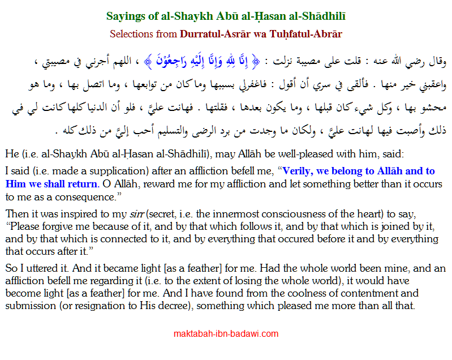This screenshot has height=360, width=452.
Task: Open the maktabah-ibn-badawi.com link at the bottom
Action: (226, 334)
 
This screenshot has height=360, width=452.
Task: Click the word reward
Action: (156, 183)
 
